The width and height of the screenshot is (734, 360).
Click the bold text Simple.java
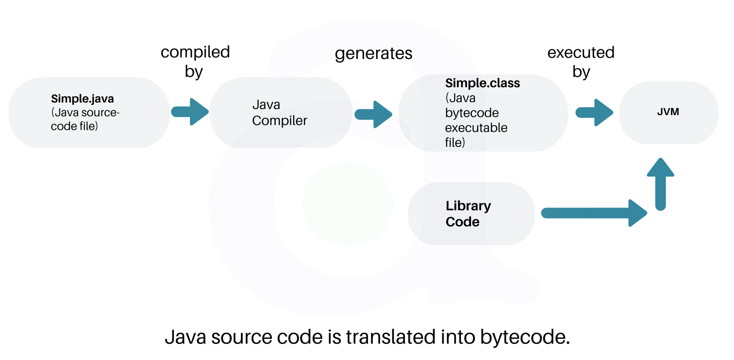pyautogui.click(x=82, y=99)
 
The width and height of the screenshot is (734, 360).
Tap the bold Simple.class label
pyautogui.click(x=482, y=83)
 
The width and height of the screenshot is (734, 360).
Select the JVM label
pyautogui.click(x=668, y=112)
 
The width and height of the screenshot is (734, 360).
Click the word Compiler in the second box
pyautogui.click(x=279, y=121)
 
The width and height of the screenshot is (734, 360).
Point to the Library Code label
pyautogui.click(x=468, y=214)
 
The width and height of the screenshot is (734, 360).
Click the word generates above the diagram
pyautogui.click(x=373, y=54)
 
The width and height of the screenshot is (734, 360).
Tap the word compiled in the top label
pyautogui.click(x=195, y=52)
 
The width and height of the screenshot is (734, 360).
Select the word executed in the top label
pyautogui.click(x=581, y=53)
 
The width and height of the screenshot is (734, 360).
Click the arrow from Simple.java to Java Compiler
pyautogui.click(x=190, y=112)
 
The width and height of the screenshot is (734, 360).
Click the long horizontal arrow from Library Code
pyautogui.click(x=594, y=213)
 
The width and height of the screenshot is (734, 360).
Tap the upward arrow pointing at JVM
pyautogui.click(x=660, y=184)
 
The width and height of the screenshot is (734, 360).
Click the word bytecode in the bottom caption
pyautogui.click(x=525, y=337)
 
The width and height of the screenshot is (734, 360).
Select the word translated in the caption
pyautogui.click(x=391, y=337)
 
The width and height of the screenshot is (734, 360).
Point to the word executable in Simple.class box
pyautogui.click(x=476, y=128)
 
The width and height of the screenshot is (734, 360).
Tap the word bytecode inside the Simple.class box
pyautogui.click(x=472, y=113)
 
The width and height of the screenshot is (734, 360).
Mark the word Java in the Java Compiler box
pyautogui.click(x=266, y=105)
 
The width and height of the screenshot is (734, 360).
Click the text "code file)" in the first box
pyautogui.click(x=74, y=126)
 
